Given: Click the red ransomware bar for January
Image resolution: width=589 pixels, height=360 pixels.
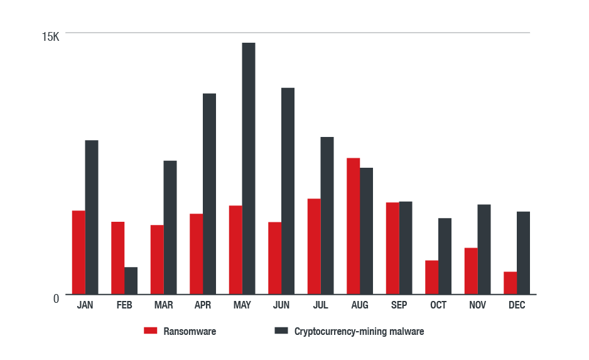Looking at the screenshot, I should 78,252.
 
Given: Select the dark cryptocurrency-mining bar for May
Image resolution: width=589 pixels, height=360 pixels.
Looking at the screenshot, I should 249,168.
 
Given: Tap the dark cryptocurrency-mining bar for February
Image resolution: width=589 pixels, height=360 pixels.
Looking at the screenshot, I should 131,280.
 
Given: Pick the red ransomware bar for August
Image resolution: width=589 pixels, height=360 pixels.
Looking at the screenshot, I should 353,226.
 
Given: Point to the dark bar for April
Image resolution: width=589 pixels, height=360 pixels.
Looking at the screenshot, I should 209,194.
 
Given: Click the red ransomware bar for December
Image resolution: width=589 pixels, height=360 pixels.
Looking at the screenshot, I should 510,283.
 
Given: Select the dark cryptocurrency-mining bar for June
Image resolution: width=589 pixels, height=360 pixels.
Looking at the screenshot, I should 288,190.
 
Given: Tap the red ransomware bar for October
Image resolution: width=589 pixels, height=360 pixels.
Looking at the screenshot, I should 431,277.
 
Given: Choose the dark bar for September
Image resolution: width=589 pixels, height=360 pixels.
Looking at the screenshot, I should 406,248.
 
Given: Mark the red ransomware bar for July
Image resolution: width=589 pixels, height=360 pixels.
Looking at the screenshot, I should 314,246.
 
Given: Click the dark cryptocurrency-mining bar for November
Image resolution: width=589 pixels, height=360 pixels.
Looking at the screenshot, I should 484,249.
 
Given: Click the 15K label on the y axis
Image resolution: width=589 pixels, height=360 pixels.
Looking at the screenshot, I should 50,37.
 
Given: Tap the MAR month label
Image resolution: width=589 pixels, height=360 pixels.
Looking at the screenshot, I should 164,305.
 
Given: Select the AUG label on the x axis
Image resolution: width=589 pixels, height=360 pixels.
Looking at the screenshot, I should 360,305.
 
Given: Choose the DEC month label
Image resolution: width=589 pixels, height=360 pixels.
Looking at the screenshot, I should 517,305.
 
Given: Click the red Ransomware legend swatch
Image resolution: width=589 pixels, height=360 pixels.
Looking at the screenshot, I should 150,331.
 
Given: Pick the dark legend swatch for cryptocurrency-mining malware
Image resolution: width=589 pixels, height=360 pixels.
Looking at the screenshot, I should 281,331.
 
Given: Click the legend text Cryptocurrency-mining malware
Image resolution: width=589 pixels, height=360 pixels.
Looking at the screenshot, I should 359,332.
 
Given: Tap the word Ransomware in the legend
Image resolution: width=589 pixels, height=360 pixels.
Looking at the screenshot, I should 190,332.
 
